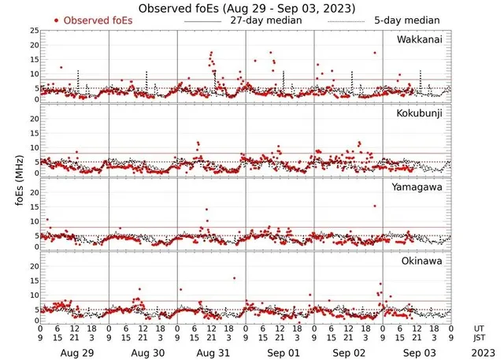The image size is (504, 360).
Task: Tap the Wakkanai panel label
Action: click(x=418, y=40)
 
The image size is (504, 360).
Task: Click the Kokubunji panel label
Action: click(x=418, y=114)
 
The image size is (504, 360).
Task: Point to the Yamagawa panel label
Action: click(x=418, y=187)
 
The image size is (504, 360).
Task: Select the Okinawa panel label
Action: click(x=421, y=259)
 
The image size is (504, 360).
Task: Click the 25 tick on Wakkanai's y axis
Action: click(x=34, y=31)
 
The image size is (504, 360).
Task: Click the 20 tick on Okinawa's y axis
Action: click(x=34, y=266)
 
